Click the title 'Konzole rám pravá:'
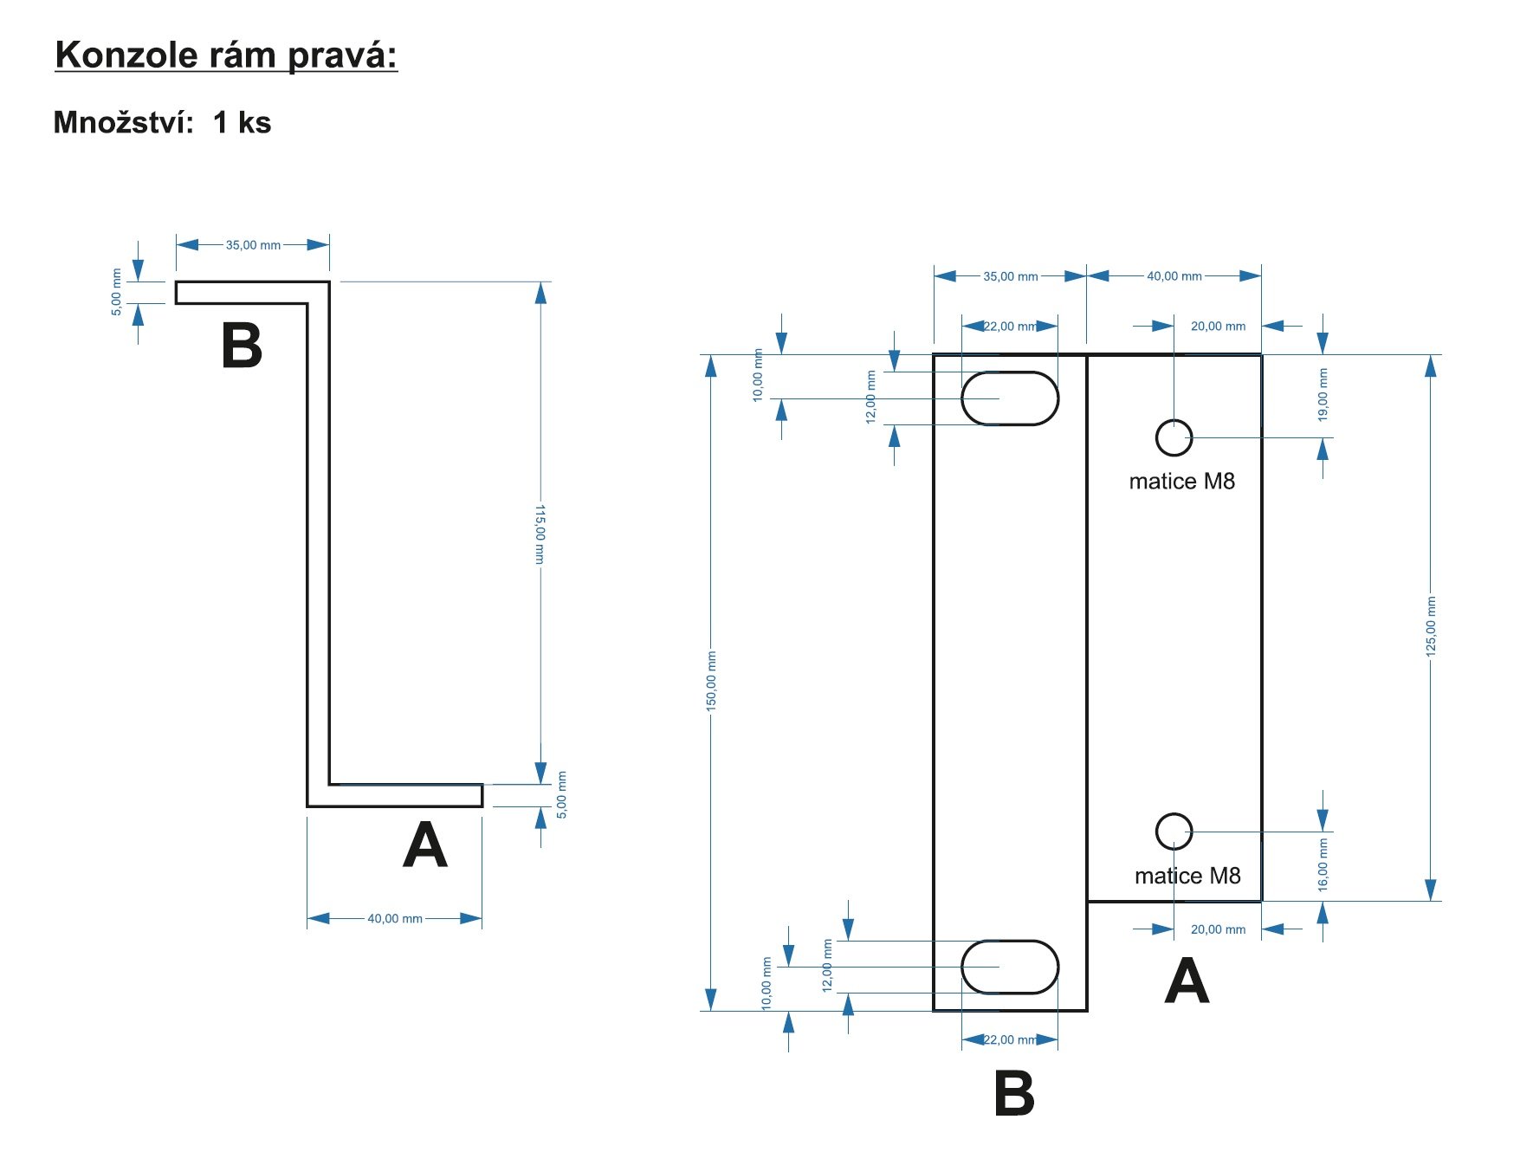click(226, 55)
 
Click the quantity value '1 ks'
click(243, 122)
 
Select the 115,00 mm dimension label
click(540, 534)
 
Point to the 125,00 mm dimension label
click(1431, 626)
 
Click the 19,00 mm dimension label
click(1323, 394)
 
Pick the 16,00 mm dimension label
click(1323, 864)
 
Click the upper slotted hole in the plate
click(1010, 398)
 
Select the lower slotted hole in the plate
click(1010, 967)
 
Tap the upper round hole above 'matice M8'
click(1174, 437)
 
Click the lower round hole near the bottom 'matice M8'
click(1174, 832)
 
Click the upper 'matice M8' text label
click(1182, 482)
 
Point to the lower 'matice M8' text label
click(1187, 876)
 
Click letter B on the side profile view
click(242, 346)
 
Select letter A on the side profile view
click(425, 845)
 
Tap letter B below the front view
click(1014, 1093)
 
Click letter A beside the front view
click(1187, 981)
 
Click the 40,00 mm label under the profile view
click(395, 918)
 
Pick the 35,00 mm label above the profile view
click(253, 245)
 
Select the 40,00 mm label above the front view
click(1174, 276)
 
